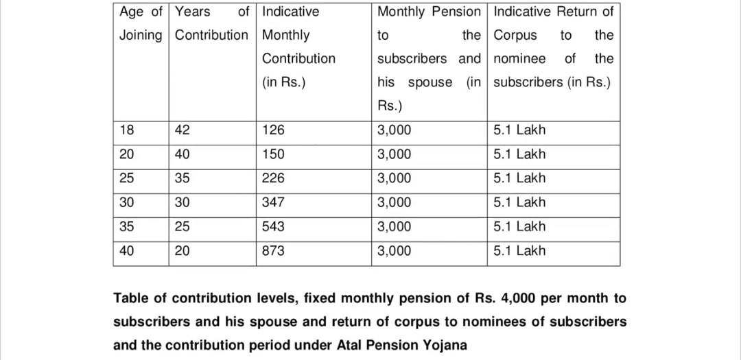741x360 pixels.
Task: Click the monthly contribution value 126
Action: [x=273, y=130]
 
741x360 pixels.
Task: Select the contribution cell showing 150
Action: [x=273, y=154]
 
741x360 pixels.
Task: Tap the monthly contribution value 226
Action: [x=273, y=178]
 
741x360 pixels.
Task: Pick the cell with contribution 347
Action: [x=273, y=202]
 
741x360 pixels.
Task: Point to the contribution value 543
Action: [x=273, y=226]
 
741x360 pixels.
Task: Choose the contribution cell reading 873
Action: [x=273, y=250]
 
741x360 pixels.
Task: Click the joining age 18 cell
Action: [x=127, y=130]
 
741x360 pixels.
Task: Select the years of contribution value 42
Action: [x=183, y=130]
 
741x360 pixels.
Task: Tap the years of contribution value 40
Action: [x=183, y=154]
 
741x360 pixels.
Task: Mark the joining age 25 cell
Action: [x=127, y=178]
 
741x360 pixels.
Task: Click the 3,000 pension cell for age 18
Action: [x=395, y=130]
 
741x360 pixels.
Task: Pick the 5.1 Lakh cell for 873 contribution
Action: [x=519, y=250]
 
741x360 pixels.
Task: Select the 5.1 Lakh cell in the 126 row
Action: [x=519, y=130]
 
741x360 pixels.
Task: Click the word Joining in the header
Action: [x=141, y=35]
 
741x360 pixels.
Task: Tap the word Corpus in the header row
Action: [x=515, y=35]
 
